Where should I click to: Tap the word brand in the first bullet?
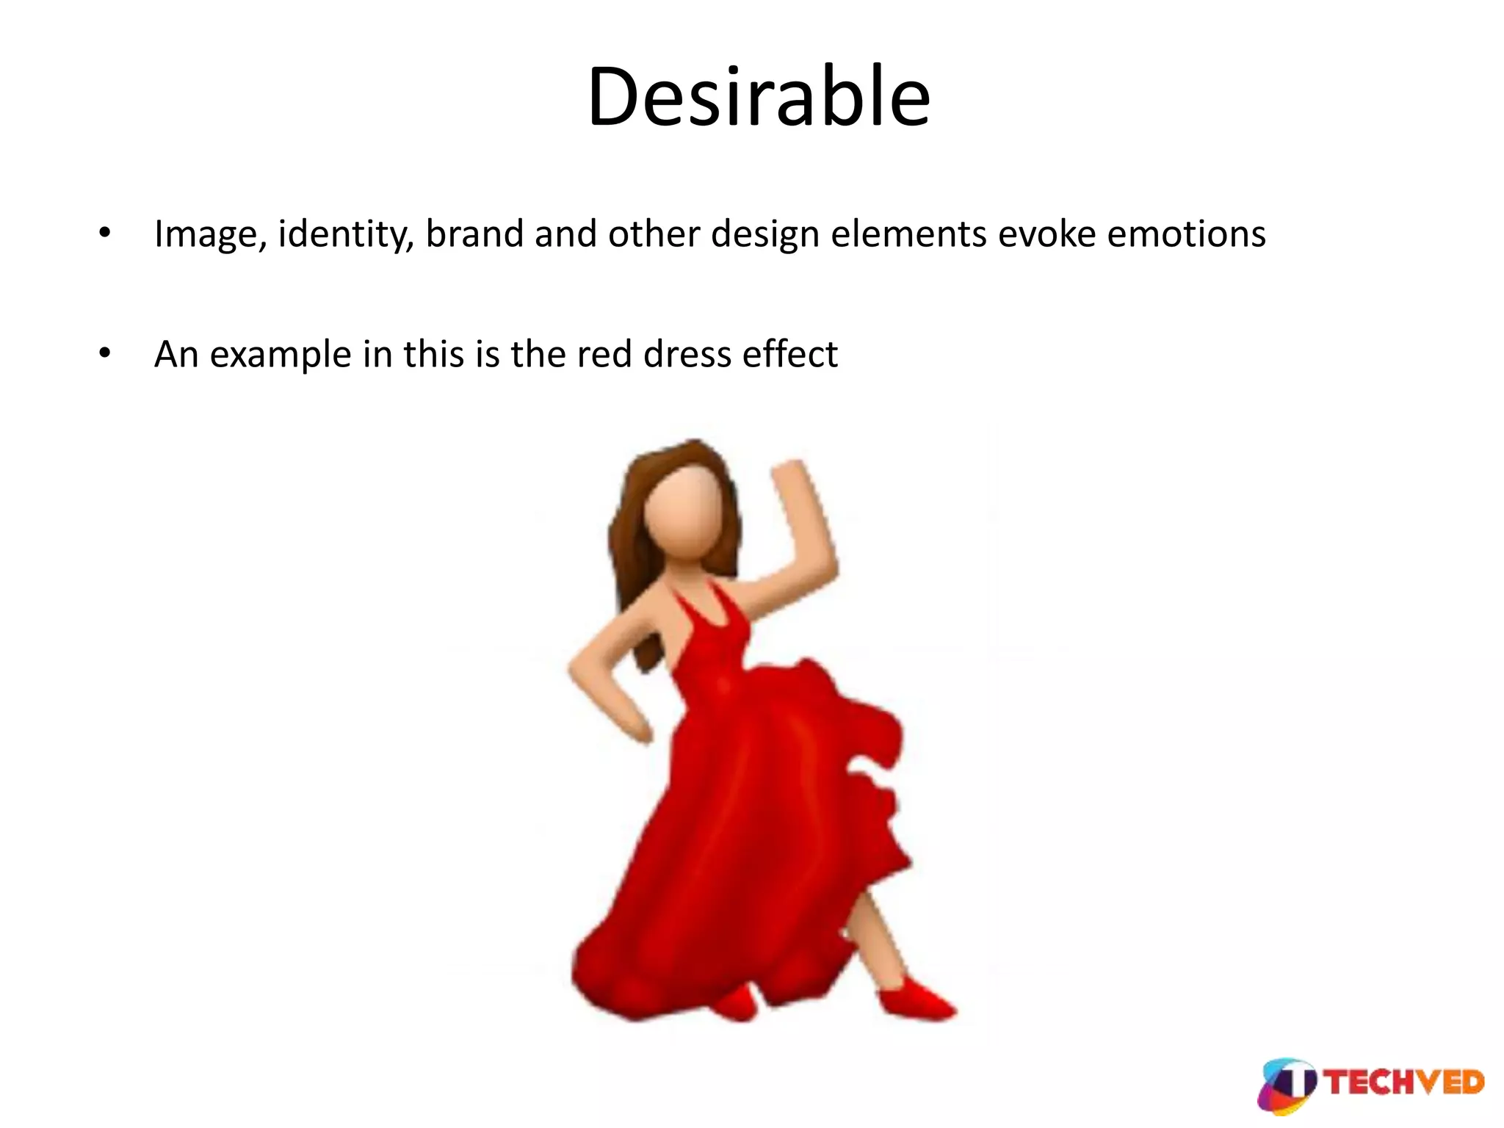[474, 234]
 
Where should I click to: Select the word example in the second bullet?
[280, 355]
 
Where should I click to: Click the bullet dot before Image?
[105, 234]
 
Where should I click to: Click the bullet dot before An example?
[105, 354]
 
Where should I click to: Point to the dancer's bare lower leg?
[878, 940]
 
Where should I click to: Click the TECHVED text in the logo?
[1405, 1083]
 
